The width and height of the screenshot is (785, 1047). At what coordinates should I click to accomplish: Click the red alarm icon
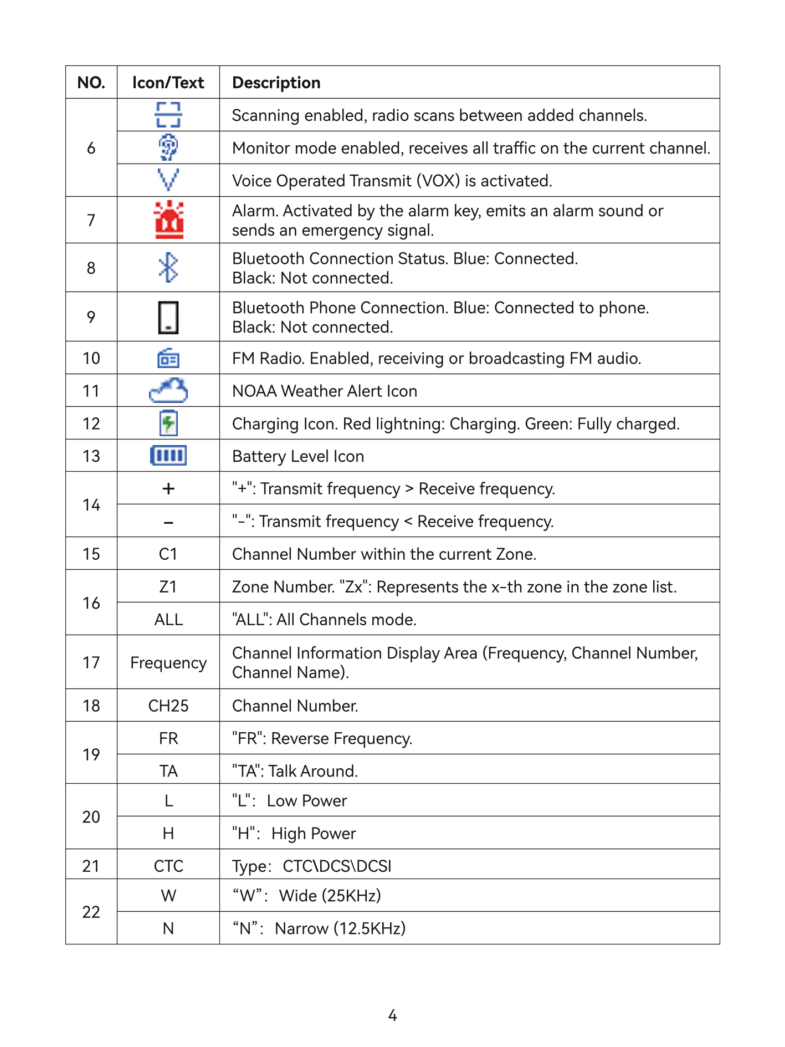point(169,220)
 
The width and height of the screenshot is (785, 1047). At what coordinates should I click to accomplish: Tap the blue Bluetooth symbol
point(168,268)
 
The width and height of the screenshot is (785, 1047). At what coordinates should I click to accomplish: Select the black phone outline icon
point(168,317)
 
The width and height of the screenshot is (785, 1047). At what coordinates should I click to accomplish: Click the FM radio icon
point(168,359)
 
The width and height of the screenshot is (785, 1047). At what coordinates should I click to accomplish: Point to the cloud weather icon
point(168,391)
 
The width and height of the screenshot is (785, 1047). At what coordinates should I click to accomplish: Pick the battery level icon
point(168,456)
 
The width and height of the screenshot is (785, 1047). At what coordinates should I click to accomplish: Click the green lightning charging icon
point(168,423)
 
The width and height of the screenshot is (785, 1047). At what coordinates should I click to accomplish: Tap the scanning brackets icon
point(168,115)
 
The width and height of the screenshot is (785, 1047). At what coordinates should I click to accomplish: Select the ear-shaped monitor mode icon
point(168,147)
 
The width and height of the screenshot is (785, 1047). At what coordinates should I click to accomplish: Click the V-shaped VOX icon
point(168,180)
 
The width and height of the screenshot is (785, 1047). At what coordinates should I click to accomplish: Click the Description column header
point(276,83)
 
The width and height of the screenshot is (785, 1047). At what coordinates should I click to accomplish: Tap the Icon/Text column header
point(168,83)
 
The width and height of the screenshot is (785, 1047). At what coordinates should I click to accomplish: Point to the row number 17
point(91,662)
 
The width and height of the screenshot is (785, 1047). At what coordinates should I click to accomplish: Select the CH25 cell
point(168,706)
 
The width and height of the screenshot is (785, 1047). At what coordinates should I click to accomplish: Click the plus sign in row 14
point(168,489)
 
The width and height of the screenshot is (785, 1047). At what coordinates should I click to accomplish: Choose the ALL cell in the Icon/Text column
point(168,619)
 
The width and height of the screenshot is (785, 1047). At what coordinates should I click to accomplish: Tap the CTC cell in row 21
point(168,866)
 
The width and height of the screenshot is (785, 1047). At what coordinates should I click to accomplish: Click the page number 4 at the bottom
point(393,1015)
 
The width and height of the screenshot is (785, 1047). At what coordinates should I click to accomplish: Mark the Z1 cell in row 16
point(168,586)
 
